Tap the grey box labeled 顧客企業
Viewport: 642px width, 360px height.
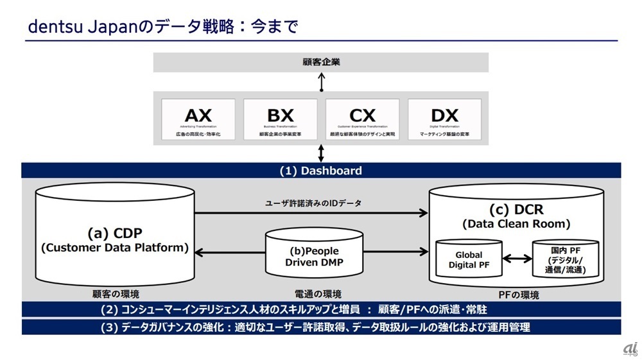click(321, 62)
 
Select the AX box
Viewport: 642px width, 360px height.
click(198, 119)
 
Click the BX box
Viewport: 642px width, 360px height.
click(280, 119)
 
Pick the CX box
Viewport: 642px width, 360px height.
click(362, 119)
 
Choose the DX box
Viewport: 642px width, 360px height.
click(444, 119)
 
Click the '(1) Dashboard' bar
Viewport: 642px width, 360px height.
click(321, 171)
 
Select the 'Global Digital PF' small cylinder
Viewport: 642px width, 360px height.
click(469, 260)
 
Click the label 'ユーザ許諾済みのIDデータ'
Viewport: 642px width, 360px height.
click(313, 203)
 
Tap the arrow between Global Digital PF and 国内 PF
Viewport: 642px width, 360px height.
click(517, 259)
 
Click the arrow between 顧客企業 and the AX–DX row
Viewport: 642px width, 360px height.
click(321, 81)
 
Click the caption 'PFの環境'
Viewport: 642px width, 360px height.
click(518, 295)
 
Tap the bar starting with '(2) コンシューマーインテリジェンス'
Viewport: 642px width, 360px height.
click(321, 310)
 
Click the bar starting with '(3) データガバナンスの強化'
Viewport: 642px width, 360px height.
click(321, 327)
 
